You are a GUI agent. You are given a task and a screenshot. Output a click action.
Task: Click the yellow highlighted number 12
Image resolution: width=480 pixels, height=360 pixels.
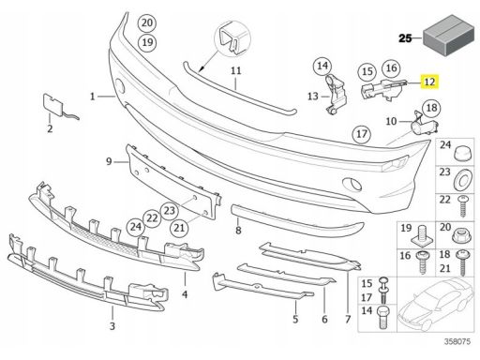[430, 82]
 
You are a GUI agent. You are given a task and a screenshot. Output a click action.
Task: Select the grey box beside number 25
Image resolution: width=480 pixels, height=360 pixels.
[448, 35]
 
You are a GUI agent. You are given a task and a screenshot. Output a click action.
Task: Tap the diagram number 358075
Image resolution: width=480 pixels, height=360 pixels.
[457, 341]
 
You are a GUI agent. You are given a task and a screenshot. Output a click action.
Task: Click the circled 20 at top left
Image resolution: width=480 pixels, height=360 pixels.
[147, 22]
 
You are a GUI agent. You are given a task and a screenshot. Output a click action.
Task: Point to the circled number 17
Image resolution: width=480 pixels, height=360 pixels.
[362, 134]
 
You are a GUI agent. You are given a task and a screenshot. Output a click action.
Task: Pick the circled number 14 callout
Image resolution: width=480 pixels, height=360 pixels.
[322, 66]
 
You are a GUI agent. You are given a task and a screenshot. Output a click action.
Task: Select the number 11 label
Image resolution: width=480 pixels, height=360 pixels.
[236, 70]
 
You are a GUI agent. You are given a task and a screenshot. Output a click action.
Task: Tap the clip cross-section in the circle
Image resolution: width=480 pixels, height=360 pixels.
[232, 38]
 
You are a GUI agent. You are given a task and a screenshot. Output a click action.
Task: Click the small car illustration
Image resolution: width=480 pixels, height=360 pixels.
[436, 304]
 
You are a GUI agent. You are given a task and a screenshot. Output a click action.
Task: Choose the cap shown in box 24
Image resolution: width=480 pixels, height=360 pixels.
[460, 153]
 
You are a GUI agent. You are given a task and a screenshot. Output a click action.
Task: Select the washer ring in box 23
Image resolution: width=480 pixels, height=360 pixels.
[461, 180]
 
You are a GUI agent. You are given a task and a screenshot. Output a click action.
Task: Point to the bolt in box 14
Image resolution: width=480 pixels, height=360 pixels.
[383, 317]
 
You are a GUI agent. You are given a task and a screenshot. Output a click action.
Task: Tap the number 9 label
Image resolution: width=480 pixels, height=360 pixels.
[109, 161]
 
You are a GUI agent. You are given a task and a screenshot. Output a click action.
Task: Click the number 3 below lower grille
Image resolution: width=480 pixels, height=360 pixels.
[112, 326]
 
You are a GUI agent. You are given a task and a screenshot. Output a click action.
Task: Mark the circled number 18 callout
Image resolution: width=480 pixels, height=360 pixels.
[431, 108]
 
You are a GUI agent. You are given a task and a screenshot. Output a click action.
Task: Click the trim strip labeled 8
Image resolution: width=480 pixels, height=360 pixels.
[297, 220]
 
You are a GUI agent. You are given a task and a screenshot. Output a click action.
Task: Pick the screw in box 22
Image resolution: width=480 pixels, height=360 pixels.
[462, 206]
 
